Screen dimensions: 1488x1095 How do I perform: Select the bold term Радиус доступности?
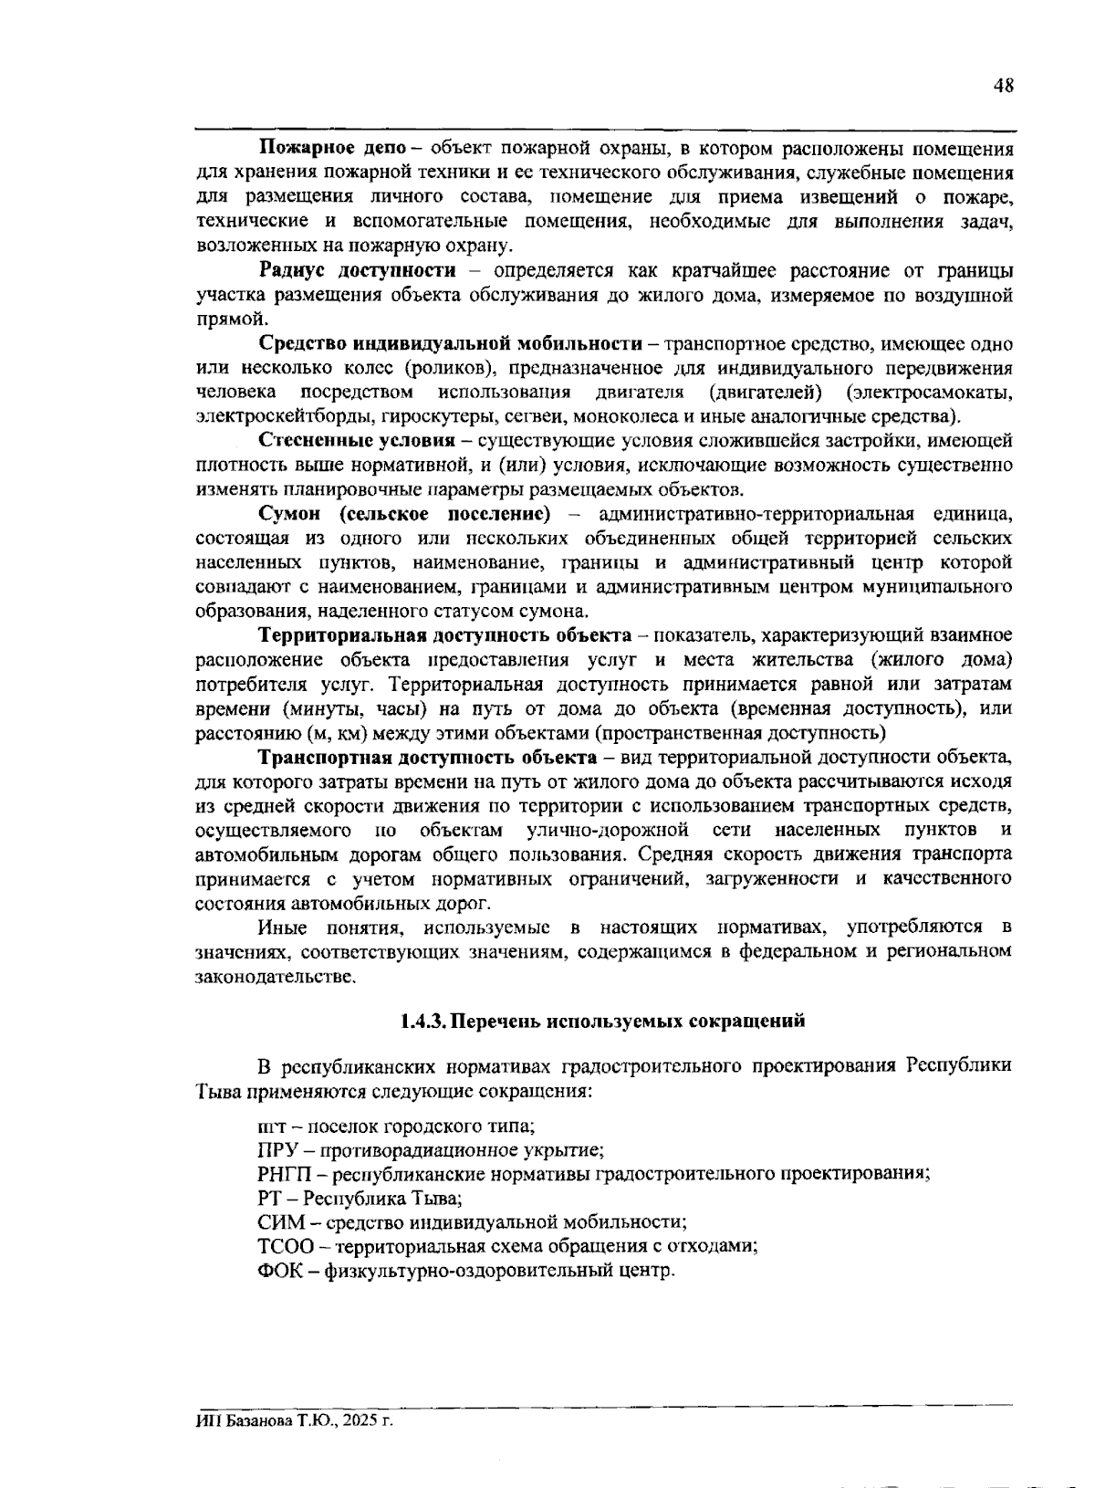(357, 270)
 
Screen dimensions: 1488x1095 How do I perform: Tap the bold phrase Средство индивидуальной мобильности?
(451, 344)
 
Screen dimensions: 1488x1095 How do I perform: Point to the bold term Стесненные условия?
(357, 441)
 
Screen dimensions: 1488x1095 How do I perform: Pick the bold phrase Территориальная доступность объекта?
(444, 634)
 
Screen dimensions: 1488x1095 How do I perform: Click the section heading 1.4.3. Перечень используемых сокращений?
(603, 1021)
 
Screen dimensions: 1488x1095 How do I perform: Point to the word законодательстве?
(274, 977)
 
